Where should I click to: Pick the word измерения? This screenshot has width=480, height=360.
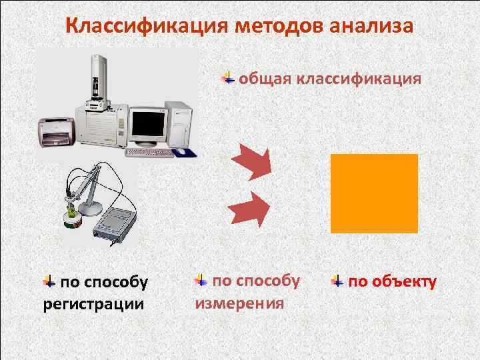click(239, 303)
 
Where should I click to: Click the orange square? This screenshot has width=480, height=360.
click(374, 193)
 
